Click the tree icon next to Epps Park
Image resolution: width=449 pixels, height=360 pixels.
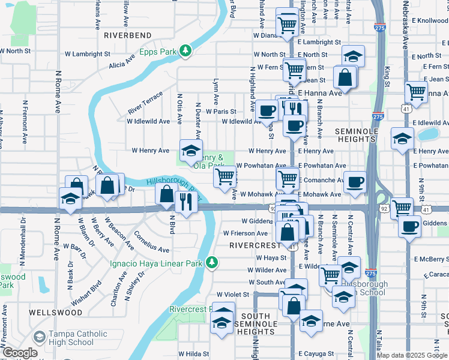click(x=186, y=51)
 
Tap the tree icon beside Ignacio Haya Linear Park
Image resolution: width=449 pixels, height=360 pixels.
click(x=211, y=262)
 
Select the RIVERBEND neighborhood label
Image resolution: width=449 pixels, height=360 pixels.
click(x=128, y=35)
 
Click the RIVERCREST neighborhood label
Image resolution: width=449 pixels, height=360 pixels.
click(x=255, y=245)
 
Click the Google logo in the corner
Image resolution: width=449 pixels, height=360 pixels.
click(x=20, y=353)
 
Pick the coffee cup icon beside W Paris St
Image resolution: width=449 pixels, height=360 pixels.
click(x=267, y=110)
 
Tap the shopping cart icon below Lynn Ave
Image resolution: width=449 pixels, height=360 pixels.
click(x=225, y=176)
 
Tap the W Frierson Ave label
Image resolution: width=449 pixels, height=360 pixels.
click(x=245, y=233)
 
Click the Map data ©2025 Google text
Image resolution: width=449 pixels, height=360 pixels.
click(x=412, y=355)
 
